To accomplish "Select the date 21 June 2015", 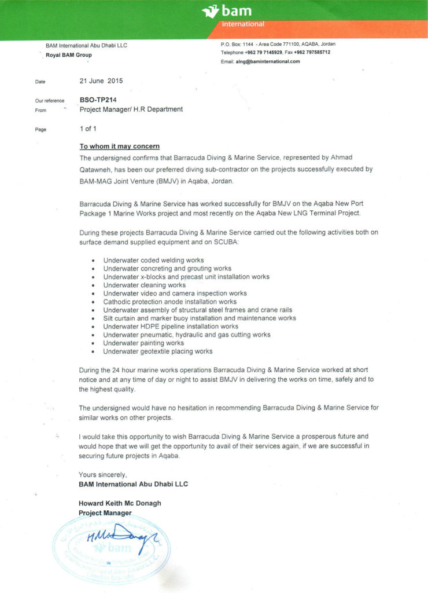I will coord(101,81).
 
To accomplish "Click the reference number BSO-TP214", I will coord(94,100).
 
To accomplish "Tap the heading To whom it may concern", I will coord(119,146).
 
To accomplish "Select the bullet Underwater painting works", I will coord(143,343).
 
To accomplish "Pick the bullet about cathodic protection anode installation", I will coord(170,302).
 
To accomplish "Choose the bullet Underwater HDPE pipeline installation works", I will coord(171,327).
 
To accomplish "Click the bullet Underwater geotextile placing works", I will coord(158,351).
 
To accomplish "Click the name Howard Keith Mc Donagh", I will coord(120,503).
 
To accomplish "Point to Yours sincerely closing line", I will coord(102,475).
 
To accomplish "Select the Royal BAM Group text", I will coord(69,55).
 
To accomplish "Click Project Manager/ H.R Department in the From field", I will coord(131,109).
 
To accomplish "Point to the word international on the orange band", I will coord(243,24).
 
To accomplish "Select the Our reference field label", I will coord(50,101).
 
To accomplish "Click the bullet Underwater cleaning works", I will coord(145,285).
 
